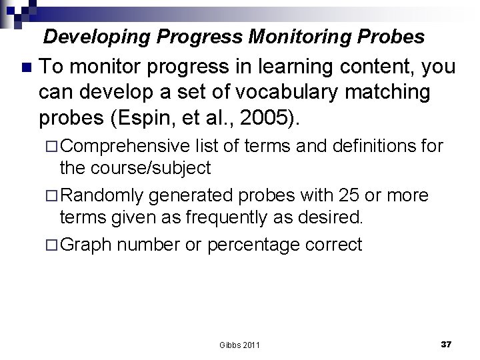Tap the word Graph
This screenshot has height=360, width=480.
[87, 245]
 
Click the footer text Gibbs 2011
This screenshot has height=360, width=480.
[239, 345]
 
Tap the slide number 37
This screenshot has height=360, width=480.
[447, 343]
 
